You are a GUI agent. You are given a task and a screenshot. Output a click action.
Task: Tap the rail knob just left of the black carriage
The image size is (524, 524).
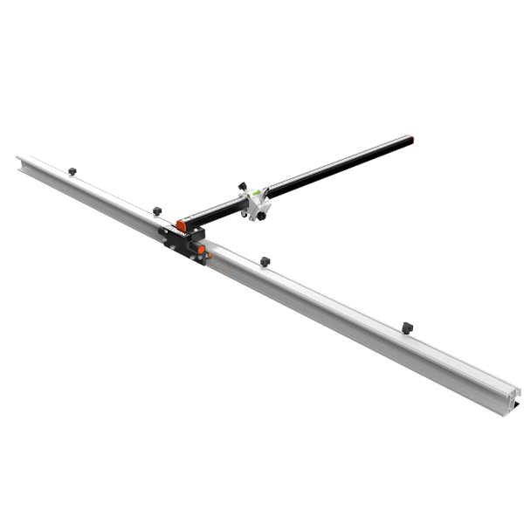click(x=157, y=210)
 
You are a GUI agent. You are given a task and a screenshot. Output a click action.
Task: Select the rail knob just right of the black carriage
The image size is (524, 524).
click(x=265, y=260)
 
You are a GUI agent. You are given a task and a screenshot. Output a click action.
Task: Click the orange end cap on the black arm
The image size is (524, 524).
click(x=180, y=225)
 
